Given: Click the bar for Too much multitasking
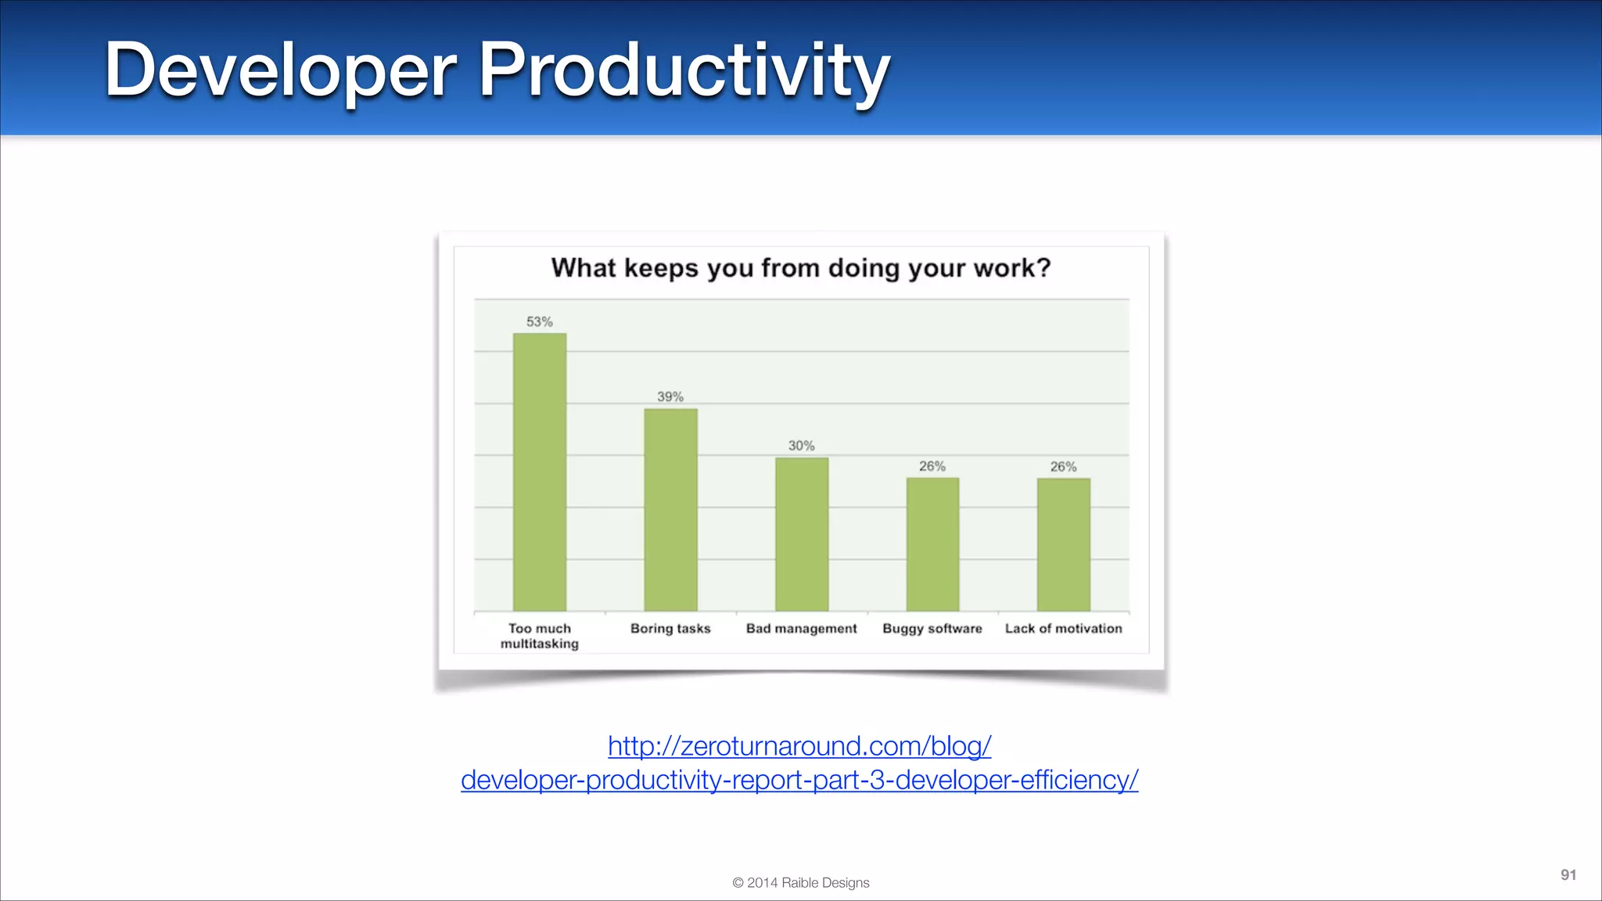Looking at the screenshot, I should point(540,472).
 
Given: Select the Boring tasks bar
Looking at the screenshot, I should point(670,510).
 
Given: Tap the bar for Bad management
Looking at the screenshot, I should point(802,534).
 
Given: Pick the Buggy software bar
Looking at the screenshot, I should point(932,544).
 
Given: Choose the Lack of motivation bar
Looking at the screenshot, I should point(1064,544).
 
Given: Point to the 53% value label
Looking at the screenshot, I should point(540,321).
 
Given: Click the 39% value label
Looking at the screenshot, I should point(670,397).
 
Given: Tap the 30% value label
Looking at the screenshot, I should point(802,446).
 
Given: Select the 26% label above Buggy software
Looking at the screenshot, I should point(932,466).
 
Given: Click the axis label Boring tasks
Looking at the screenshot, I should point(670,628).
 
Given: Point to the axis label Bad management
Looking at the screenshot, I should point(802,628).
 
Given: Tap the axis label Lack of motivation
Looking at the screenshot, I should point(1064,628).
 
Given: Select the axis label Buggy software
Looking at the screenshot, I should point(932,628).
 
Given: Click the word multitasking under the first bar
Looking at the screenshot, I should point(540,644).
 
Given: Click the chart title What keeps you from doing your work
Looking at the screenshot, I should point(801,268).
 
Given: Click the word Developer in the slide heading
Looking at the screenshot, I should point(280,70).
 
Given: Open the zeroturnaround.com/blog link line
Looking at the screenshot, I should point(799,746).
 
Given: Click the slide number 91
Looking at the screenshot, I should point(1568,874).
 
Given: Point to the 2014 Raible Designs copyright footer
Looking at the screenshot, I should point(801,882).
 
